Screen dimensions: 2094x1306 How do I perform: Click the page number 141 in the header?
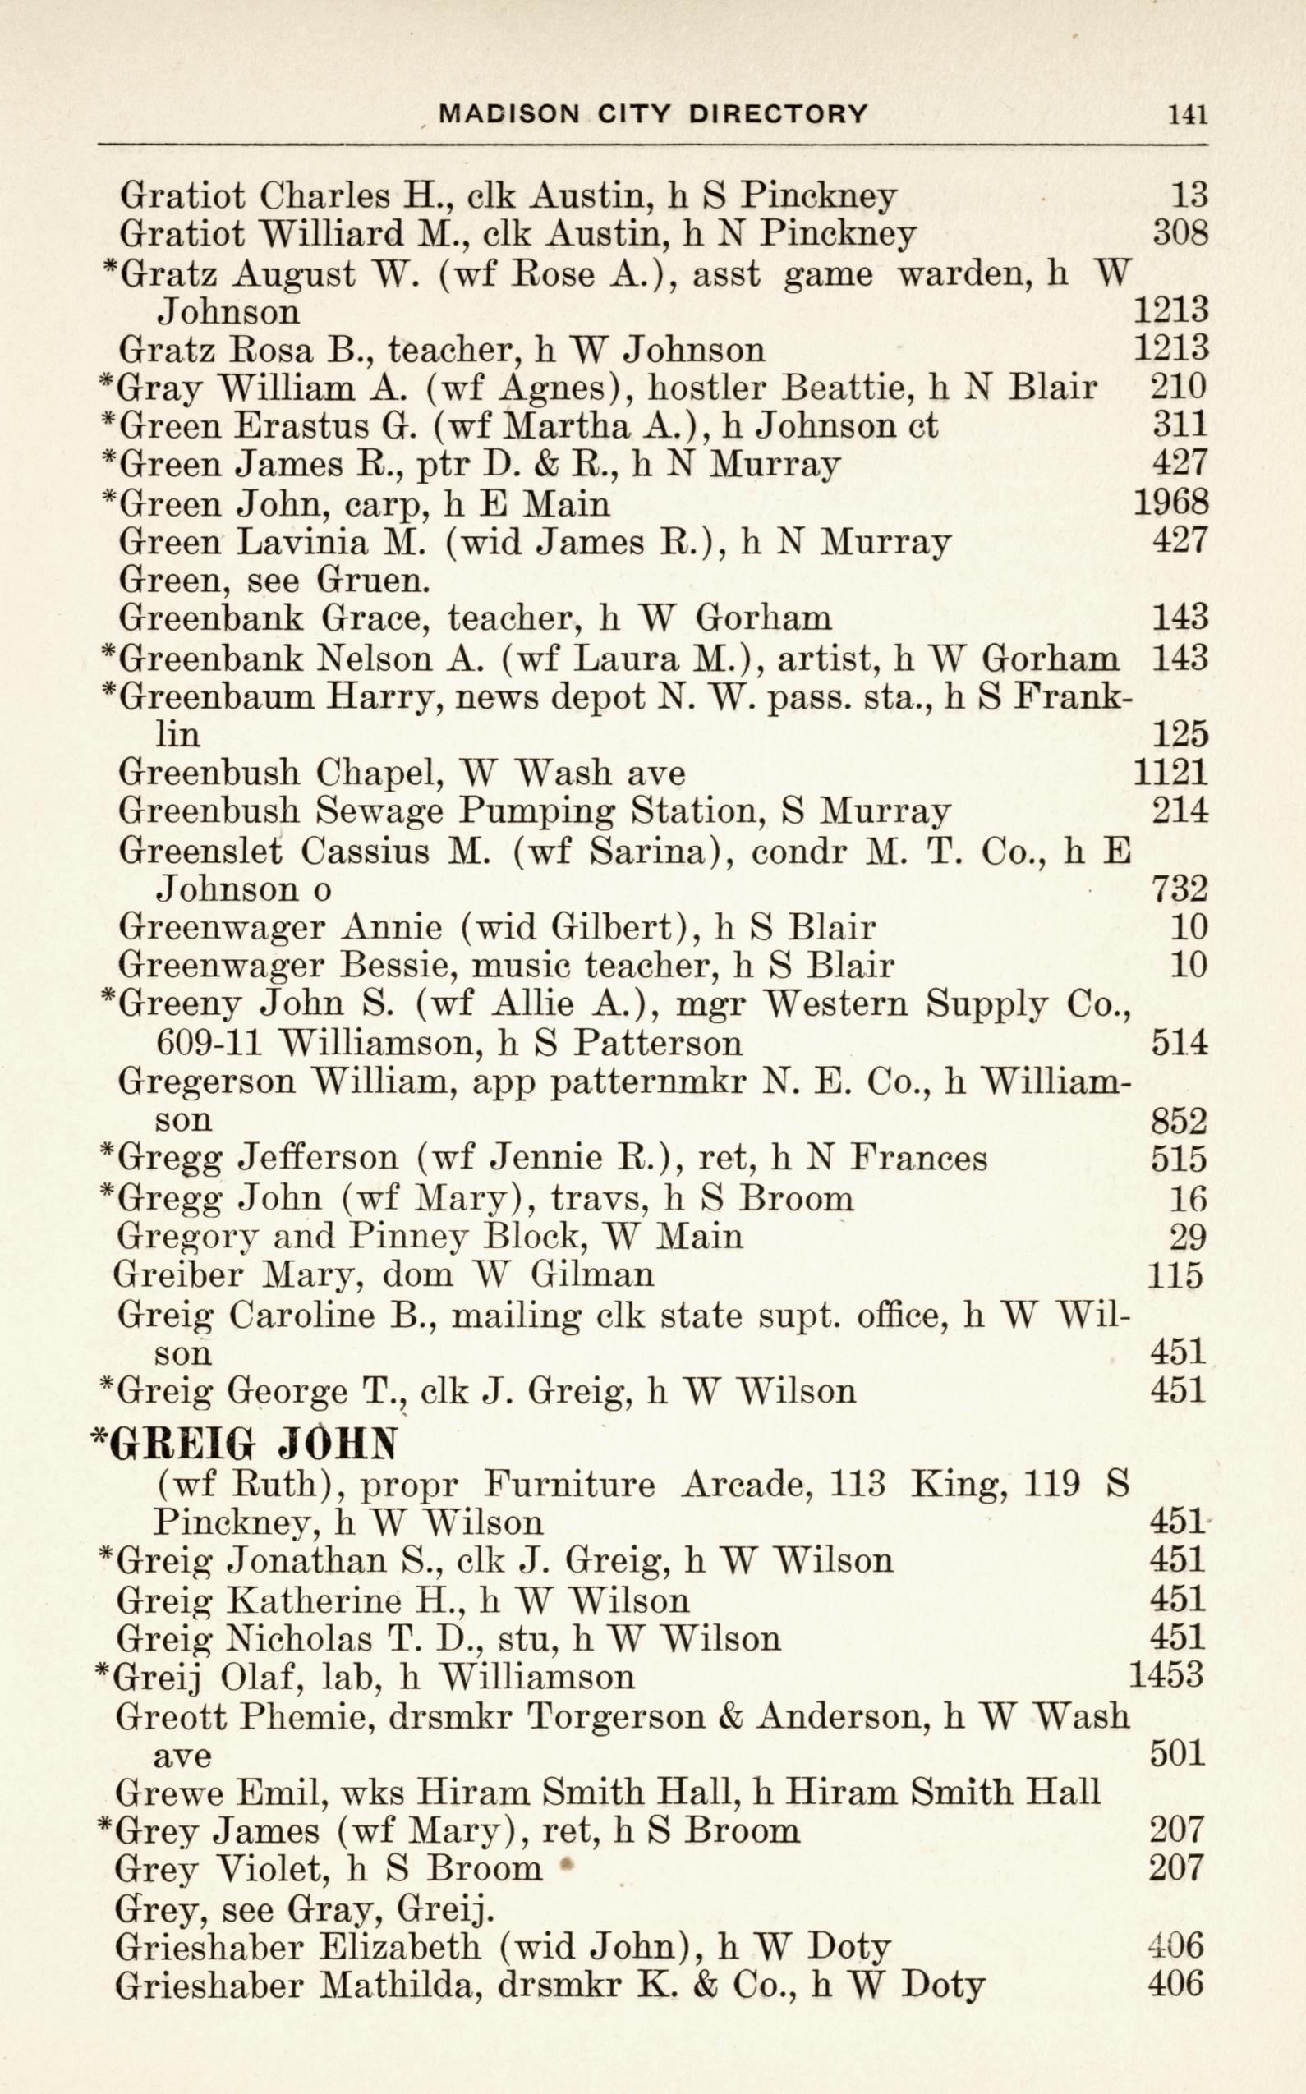1187,115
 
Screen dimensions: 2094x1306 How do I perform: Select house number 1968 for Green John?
1170,503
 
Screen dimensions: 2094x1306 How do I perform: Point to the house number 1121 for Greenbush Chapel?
1170,772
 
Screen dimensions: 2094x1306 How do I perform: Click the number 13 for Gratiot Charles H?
1189,196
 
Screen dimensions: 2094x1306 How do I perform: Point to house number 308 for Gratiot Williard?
1180,234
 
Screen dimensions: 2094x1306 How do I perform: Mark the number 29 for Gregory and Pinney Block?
1188,1238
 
